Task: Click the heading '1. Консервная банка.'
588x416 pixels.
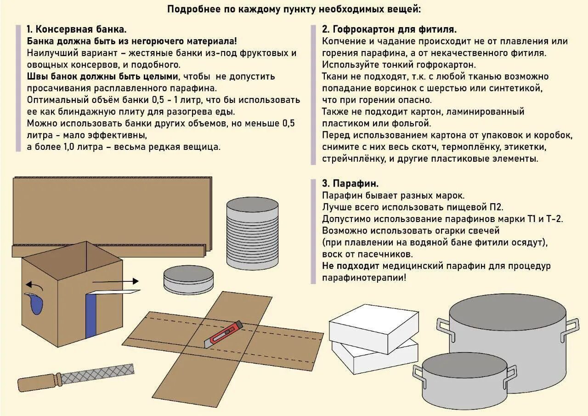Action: click(76, 29)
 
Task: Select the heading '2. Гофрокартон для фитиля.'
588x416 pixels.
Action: click(389, 29)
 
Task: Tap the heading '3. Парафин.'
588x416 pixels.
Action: click(350, 183)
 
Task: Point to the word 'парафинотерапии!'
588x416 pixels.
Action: click(364, 278)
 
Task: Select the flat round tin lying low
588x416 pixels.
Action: click(188, 279)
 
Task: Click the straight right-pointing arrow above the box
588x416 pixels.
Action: click(115, 281)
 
